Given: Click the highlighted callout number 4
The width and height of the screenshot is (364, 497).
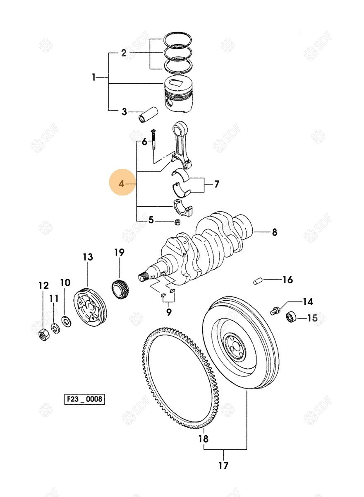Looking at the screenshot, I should [122, 183].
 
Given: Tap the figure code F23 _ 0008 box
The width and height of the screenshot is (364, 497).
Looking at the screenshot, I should [84, 400].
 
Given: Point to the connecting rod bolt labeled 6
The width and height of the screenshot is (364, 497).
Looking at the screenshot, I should [153, 140].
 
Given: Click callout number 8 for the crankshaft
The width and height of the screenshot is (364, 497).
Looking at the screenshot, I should [274, 233].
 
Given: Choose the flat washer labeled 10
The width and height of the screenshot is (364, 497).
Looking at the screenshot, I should [65, 321].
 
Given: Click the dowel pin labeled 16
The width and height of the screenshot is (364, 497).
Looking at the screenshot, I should [257, 282].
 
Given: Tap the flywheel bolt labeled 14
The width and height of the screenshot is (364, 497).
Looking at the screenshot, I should [275, 310].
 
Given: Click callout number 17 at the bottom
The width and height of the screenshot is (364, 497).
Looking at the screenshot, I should [223, 466].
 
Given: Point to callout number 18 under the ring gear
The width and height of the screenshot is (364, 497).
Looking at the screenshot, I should [203, 439].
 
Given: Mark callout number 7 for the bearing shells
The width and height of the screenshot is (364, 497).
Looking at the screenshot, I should [216, 184].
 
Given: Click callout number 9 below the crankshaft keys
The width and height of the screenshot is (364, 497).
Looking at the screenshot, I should [168, 312].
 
